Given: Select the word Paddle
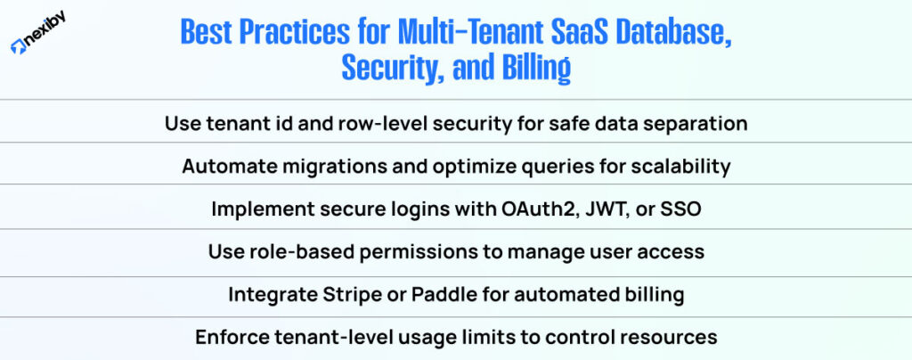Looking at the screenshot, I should point(432,295).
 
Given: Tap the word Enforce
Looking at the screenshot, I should point(229,338).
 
